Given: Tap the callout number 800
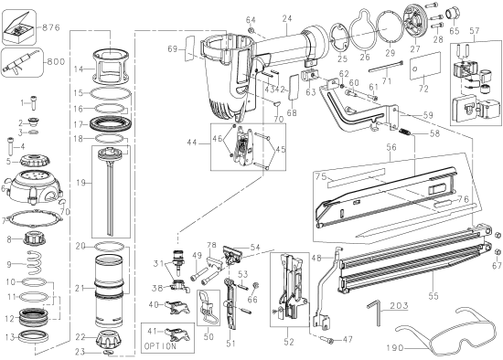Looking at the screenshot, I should (x=57, y=64).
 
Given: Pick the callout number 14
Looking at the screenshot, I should (x=79, y=69).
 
